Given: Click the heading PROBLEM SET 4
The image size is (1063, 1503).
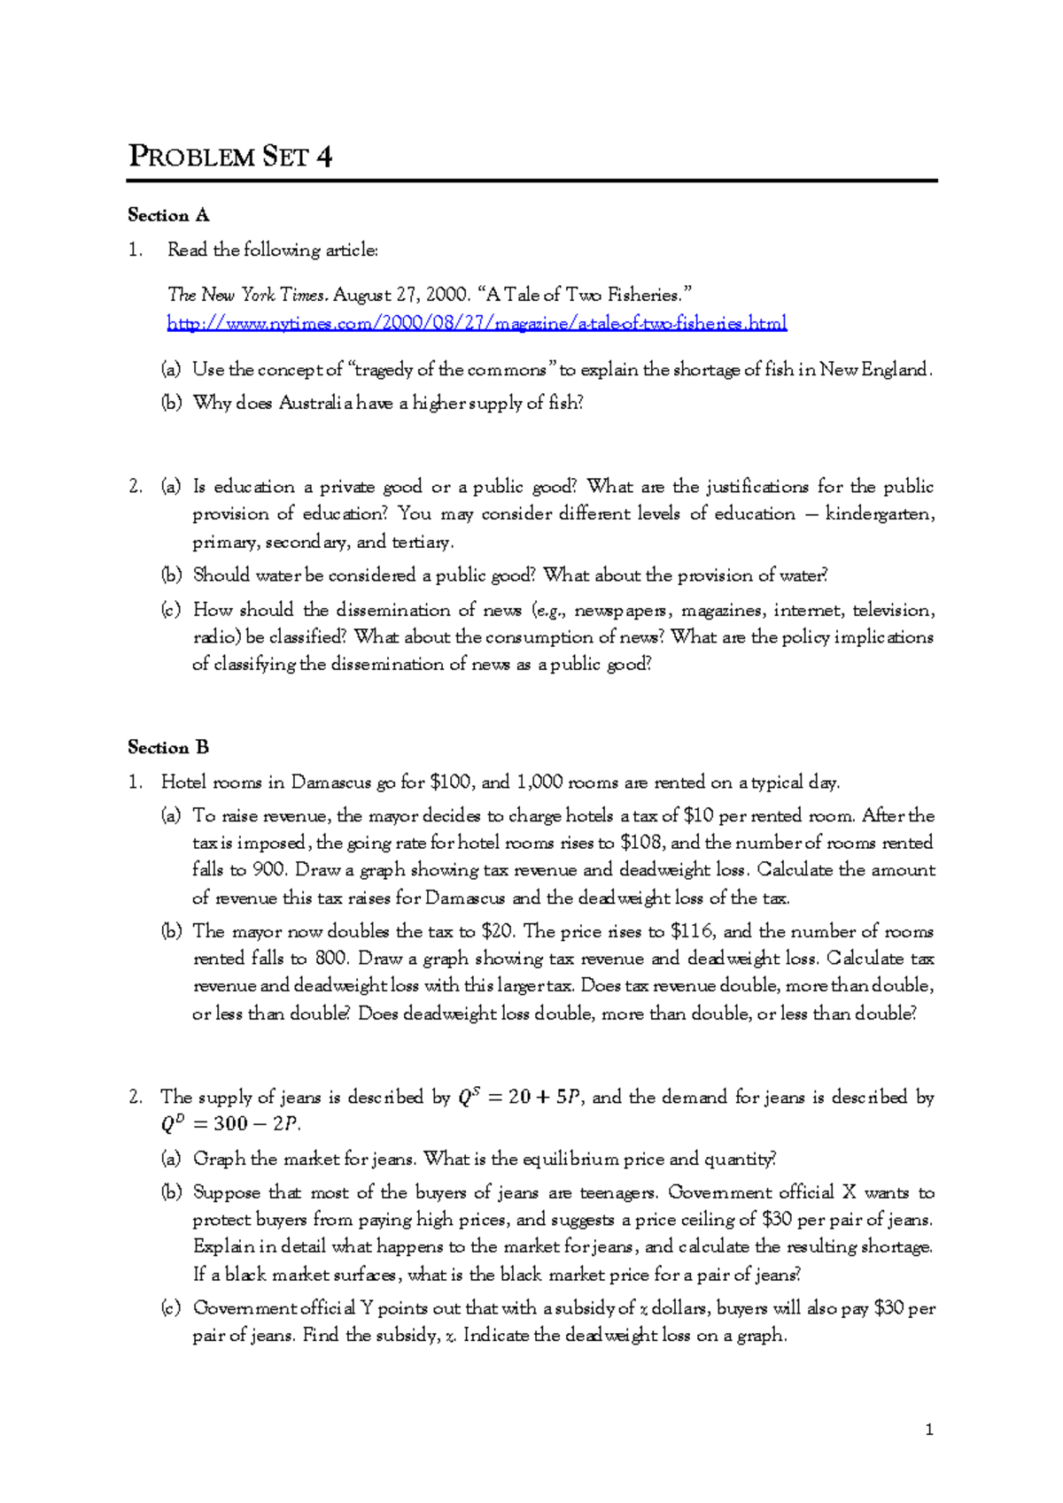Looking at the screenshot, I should click(x=230, y=157).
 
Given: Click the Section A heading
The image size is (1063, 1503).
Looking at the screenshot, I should click(x=168, y=215).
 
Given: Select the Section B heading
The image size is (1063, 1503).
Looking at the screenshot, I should click(x=168, y=747).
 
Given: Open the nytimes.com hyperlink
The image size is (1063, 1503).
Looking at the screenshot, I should click(x=477, y=323).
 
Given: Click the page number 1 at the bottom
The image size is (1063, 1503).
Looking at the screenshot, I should click(x=928, y=1429).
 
